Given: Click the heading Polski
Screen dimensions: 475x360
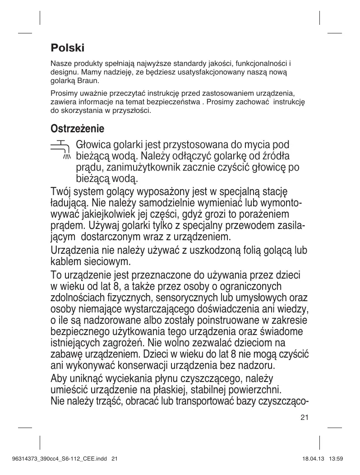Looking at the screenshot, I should [67, 47].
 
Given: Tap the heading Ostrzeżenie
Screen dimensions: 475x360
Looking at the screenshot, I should [77, 129].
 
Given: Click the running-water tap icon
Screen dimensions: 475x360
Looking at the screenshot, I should [60, 150].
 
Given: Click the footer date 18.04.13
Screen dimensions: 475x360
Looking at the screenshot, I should [313, 459].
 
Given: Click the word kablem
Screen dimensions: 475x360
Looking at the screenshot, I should [66, 261].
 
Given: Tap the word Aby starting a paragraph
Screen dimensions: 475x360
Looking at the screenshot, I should [60, 378].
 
